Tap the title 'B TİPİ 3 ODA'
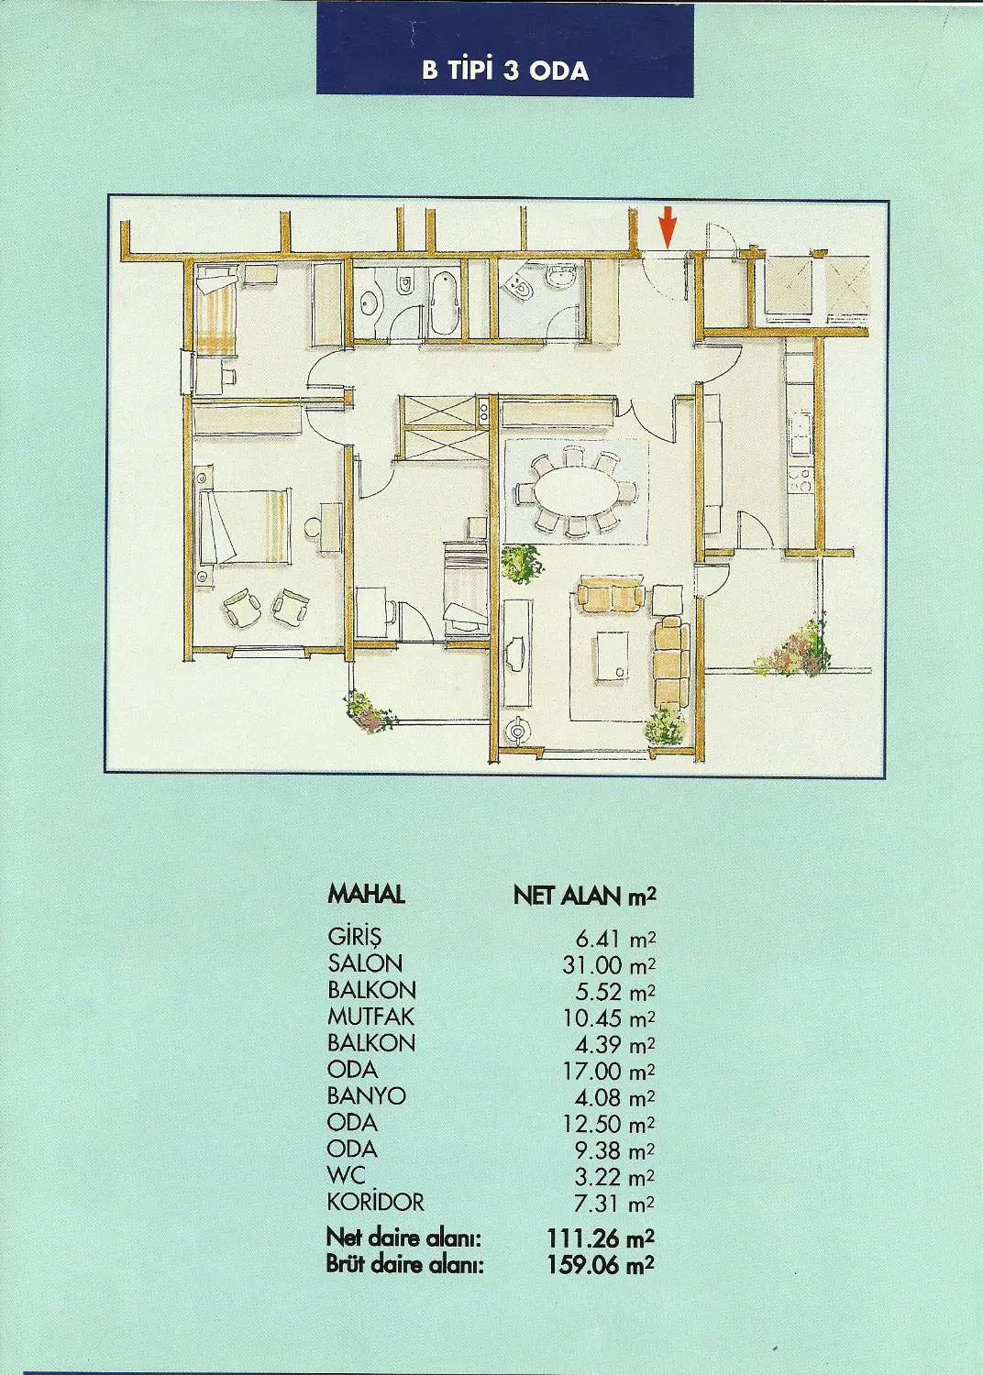pos(504,71)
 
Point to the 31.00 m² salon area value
pos(609,964)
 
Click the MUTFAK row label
pos(370,1017)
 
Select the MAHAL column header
pos(366,895)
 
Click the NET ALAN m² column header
pos(584,896)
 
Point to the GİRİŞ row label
pos(354,939)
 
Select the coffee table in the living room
pos(613,654)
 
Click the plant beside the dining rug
pos(522,563)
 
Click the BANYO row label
pos(367,1096)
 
